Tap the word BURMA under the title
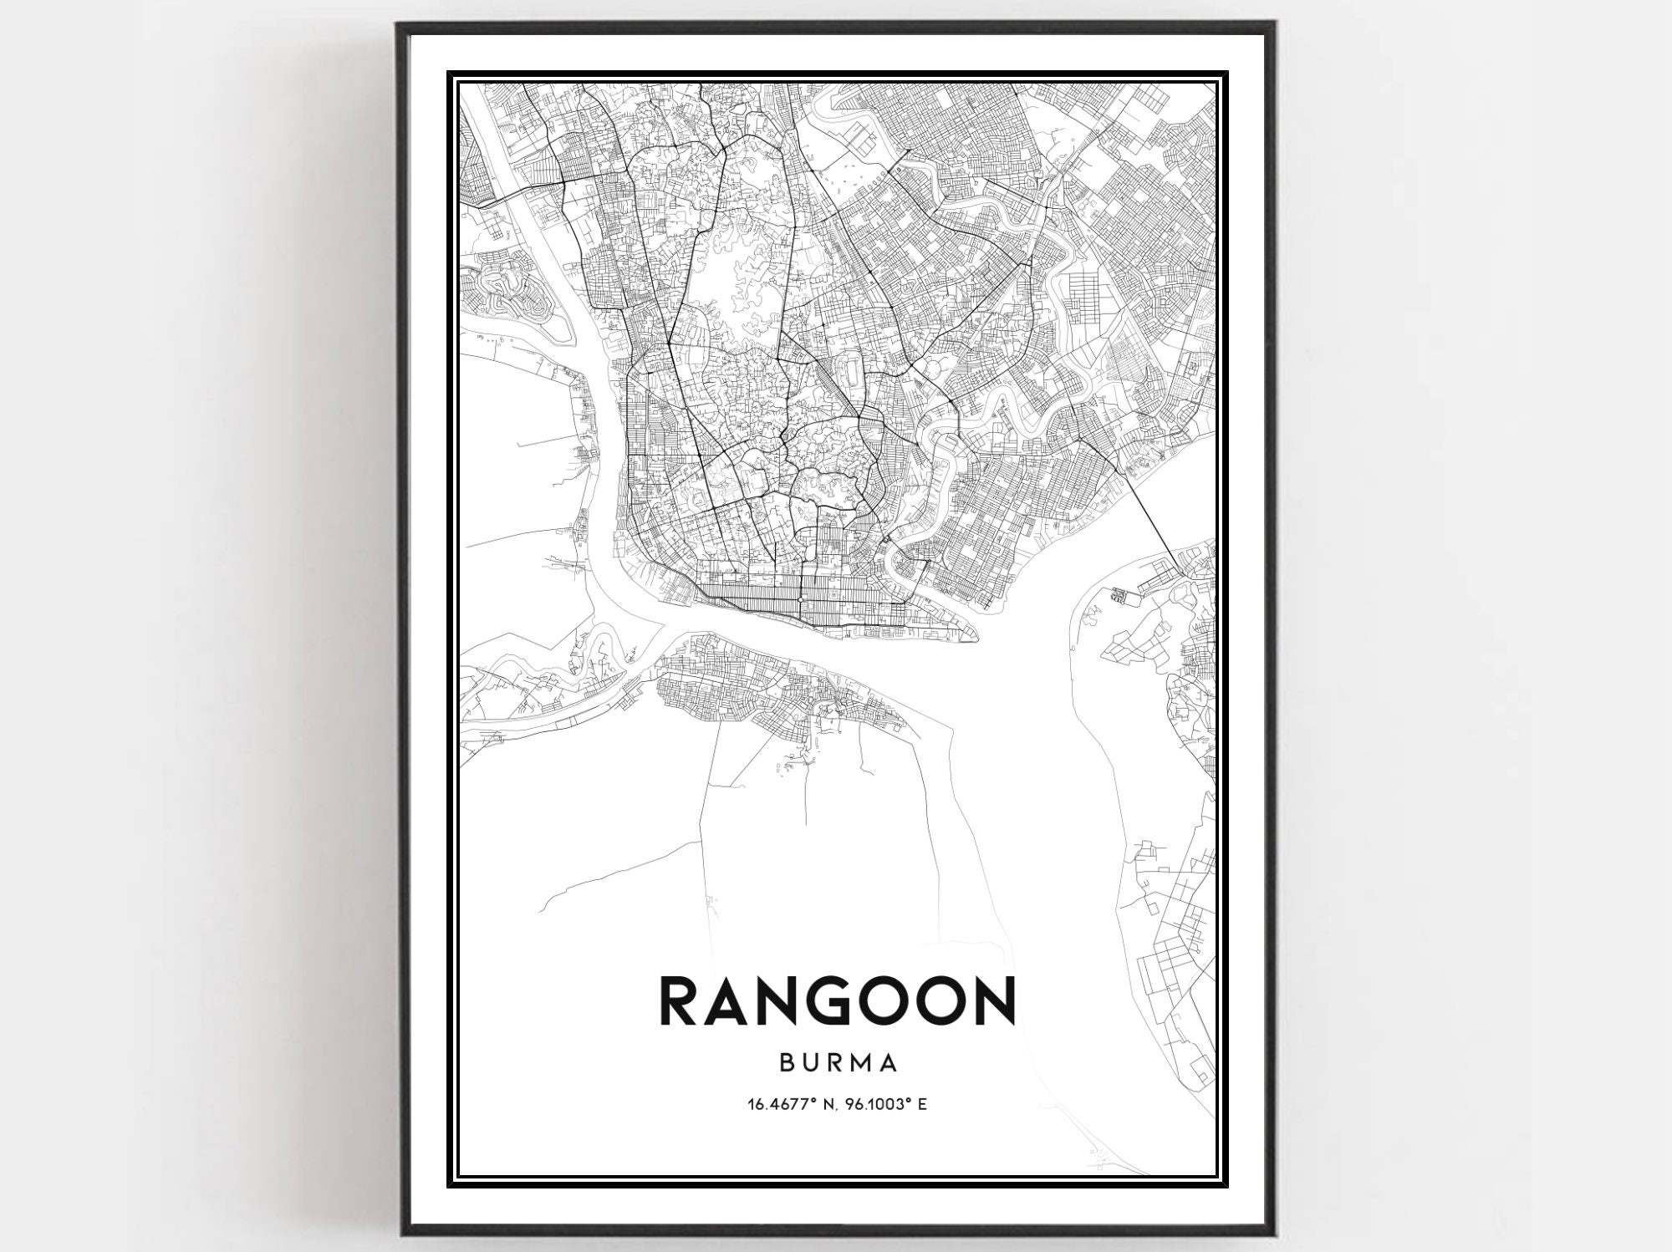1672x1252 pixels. [x=839, y=1063]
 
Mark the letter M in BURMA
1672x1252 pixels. [x=864, y=1063]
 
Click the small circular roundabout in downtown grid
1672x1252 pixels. [x=800, y=600]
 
